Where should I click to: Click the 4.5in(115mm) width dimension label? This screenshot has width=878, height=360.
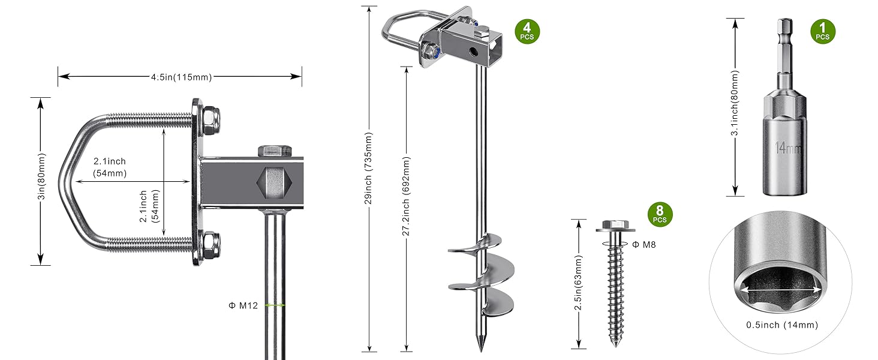click(x=181, y=76)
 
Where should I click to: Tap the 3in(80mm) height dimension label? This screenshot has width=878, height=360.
click(x=40, y=181)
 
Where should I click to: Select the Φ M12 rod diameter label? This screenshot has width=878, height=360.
click(x=243, y=305)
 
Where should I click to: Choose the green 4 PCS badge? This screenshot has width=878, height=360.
click(x=527, y=31)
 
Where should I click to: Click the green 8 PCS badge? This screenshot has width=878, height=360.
click(x=659, y=214)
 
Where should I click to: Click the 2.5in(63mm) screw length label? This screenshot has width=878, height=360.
click(x=578, y=284)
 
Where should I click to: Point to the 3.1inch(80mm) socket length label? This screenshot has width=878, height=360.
click(x=735, y=107)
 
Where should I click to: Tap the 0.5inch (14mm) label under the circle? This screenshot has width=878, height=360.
click(x=781, y=325)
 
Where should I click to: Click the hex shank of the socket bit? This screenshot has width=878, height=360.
click(x=783, y=36)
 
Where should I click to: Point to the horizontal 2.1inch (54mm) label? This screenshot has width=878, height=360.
click(x=109, y=167)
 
